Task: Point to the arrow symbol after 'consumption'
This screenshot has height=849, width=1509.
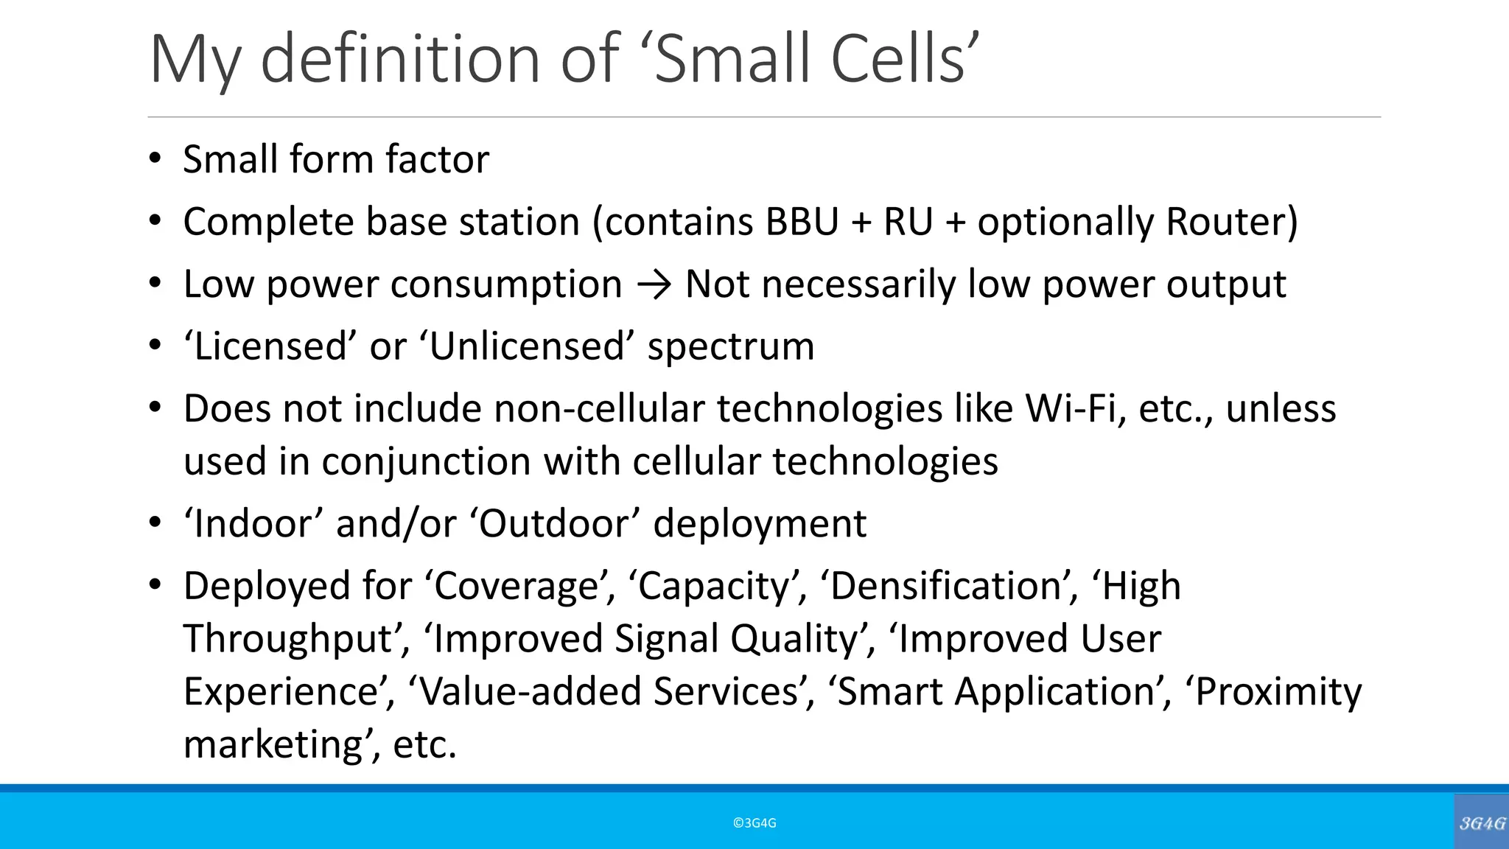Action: [654, 285]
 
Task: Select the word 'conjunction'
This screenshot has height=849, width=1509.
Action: [426, 462]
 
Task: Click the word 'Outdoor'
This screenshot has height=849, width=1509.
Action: [561, 524]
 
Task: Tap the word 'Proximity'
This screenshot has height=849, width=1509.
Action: [1278, 692]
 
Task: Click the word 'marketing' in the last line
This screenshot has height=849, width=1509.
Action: [273, 744]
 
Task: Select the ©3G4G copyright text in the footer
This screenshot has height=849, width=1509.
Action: [754, 823]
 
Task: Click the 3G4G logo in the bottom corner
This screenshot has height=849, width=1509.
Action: [1482, 823]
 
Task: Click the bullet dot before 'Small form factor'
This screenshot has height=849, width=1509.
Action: [155, 158]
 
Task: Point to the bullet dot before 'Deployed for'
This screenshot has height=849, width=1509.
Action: [155, 586]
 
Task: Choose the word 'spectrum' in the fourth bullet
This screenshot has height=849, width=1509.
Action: [731, 346]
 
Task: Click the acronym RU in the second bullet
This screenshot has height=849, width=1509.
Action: [908, 222]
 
